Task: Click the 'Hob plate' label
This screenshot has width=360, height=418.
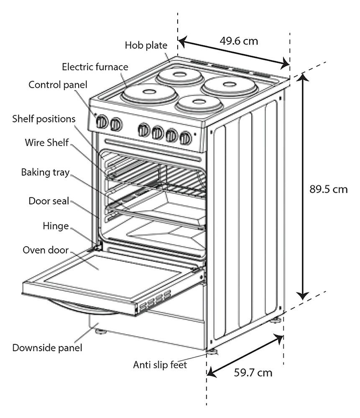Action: point(146,45)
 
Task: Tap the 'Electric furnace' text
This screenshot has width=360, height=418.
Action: point(95,66)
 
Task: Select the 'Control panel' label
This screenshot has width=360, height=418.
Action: point(58,85)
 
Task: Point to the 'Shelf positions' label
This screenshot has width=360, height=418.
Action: point(44,119)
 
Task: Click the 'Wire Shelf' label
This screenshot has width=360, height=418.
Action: point(47,143)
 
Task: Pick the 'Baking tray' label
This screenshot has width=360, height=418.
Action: point(45,173)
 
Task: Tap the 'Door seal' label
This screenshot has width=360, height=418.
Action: point(49,201)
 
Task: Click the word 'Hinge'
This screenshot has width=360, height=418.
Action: point(56,226)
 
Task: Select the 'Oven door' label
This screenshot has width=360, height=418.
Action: point(46,250)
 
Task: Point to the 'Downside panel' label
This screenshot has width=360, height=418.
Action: point(47,348)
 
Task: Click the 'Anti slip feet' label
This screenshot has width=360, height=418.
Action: point(160,364)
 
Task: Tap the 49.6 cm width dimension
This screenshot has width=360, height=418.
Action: point(239,41)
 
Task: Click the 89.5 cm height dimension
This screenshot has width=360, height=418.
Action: point(329,189)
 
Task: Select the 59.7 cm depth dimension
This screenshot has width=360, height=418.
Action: point(253,372)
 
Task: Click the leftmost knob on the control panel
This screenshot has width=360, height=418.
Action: point(102,122)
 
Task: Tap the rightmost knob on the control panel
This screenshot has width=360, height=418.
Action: point(185,138)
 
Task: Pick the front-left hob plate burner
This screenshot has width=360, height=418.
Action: point(149,94)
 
